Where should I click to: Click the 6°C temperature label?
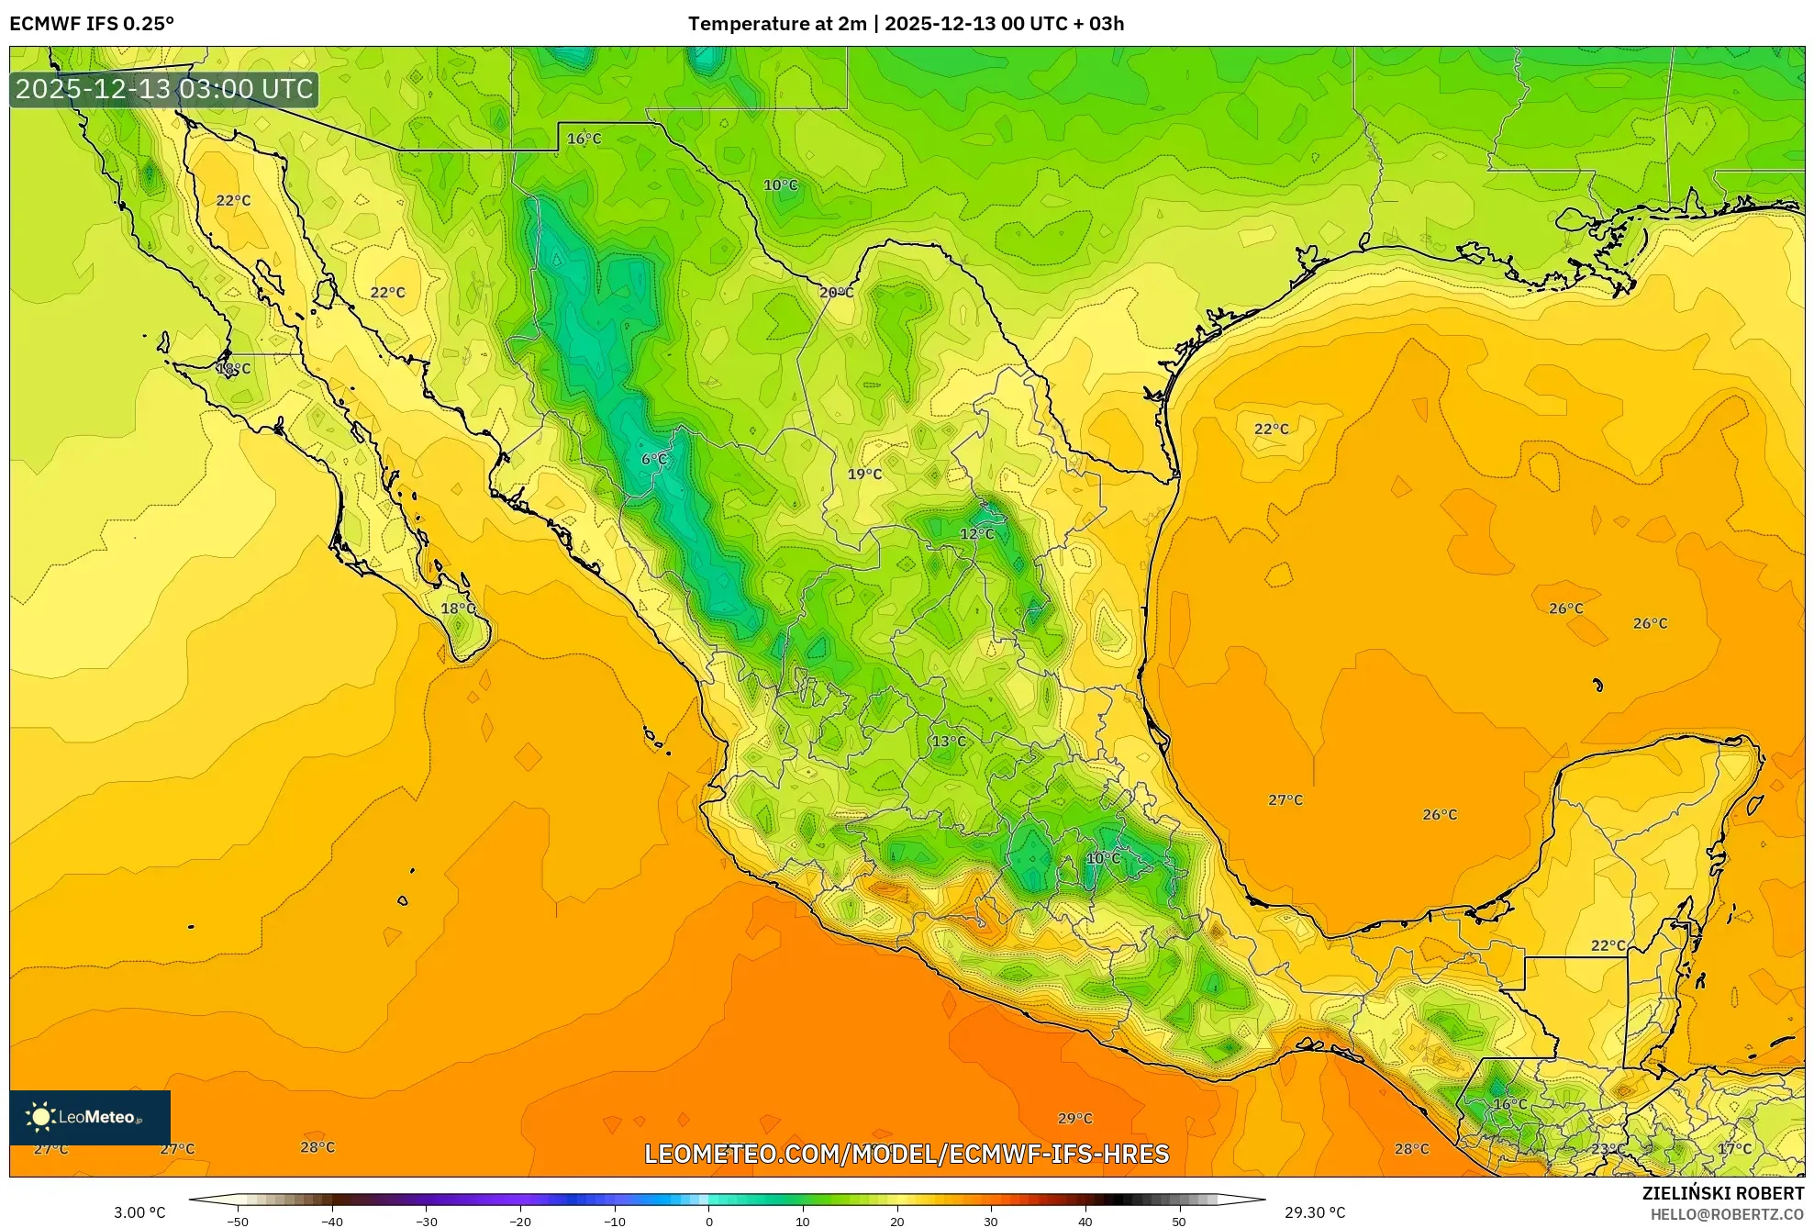click(x=653, y=459)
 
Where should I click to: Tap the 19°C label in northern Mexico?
click(x=864, y=474)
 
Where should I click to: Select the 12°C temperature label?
click(x=976, y=533)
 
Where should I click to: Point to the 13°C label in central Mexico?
click(x=949, y=741)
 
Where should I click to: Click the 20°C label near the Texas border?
click(x=836, y=292)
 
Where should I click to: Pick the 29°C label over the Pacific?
click(x=1074, y=1118)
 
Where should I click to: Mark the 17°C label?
click(x=1734, y=1148)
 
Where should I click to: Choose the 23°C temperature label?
click(x=1608, y=1148)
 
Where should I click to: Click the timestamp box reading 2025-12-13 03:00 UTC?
click(x=164, y=89)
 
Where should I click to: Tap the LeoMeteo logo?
click(x=89, y=1117)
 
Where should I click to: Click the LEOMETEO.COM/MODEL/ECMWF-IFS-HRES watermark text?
click(x=907, y=1154)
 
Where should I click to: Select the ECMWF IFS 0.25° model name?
click(x=92, y=23)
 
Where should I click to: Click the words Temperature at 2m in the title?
click(x=776, y=23)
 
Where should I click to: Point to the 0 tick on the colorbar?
click(x=708, y=1221)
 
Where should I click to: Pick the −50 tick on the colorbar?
click(x=237, y=1221)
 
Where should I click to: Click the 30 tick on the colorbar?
click(x=991, y=1221)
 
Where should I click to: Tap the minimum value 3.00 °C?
click(x=139, y=1212)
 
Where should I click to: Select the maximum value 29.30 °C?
click(x=1314, y=1212)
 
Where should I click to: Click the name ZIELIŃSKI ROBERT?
click(x=1722, y=1192)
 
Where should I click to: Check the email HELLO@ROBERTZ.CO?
click(x=1727, y=1213)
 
